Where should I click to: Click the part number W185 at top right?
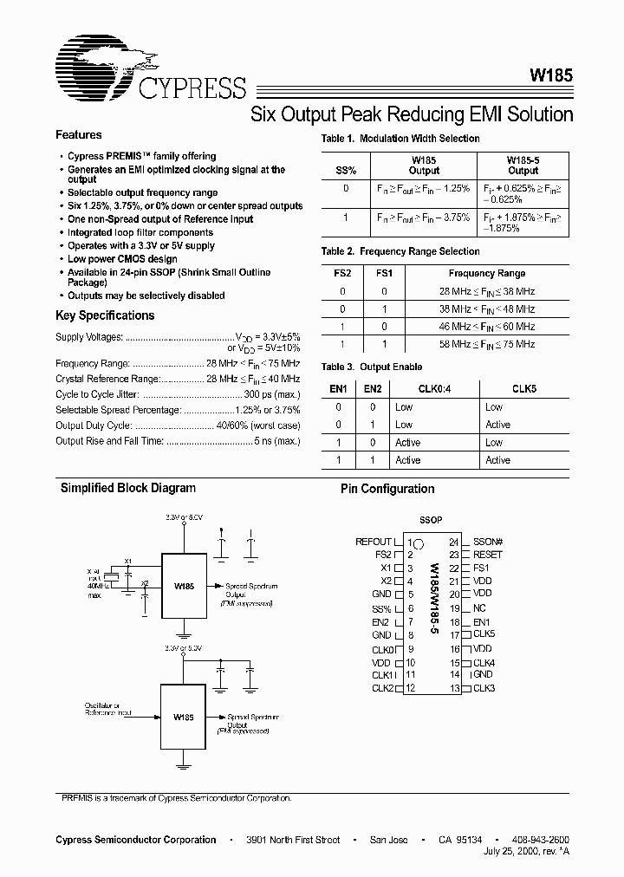550,75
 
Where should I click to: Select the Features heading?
79,135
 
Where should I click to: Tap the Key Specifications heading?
105,315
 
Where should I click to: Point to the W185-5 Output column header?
523,165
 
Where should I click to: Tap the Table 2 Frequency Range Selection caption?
400,251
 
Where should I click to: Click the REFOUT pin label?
374,542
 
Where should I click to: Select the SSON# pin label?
488,542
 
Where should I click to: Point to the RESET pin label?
487,555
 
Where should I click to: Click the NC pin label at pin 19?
479,609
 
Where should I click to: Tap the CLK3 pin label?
484,688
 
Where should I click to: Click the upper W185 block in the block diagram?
183,586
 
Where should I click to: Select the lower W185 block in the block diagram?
183,718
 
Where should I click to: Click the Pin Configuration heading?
387,489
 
